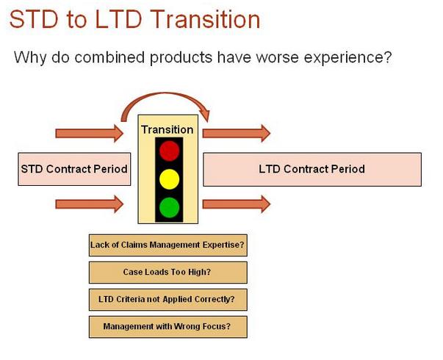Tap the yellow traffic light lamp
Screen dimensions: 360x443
pyautogui.click(x=170, y=179)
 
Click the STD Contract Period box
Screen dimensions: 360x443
pyautogui.click(x=73, y=169)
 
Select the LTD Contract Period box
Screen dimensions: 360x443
pyautogui.click(x=311, y=169)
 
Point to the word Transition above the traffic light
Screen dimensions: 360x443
pyautogui.click(x=168, y=129)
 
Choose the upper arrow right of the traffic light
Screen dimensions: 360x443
pyautogui.click(x=236, y=133)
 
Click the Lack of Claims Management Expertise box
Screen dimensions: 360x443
pyautogui.click(x=168, y=245)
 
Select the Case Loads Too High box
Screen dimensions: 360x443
pyautogui.click(x=168, y=273)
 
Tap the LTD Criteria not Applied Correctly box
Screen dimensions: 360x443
pyautogui.click(x=168, y=300)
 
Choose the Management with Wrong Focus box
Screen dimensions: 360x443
pyautogui.click(x=168, y=327)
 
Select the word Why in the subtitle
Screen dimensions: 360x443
pyautogui.click(x=29, y=57)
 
